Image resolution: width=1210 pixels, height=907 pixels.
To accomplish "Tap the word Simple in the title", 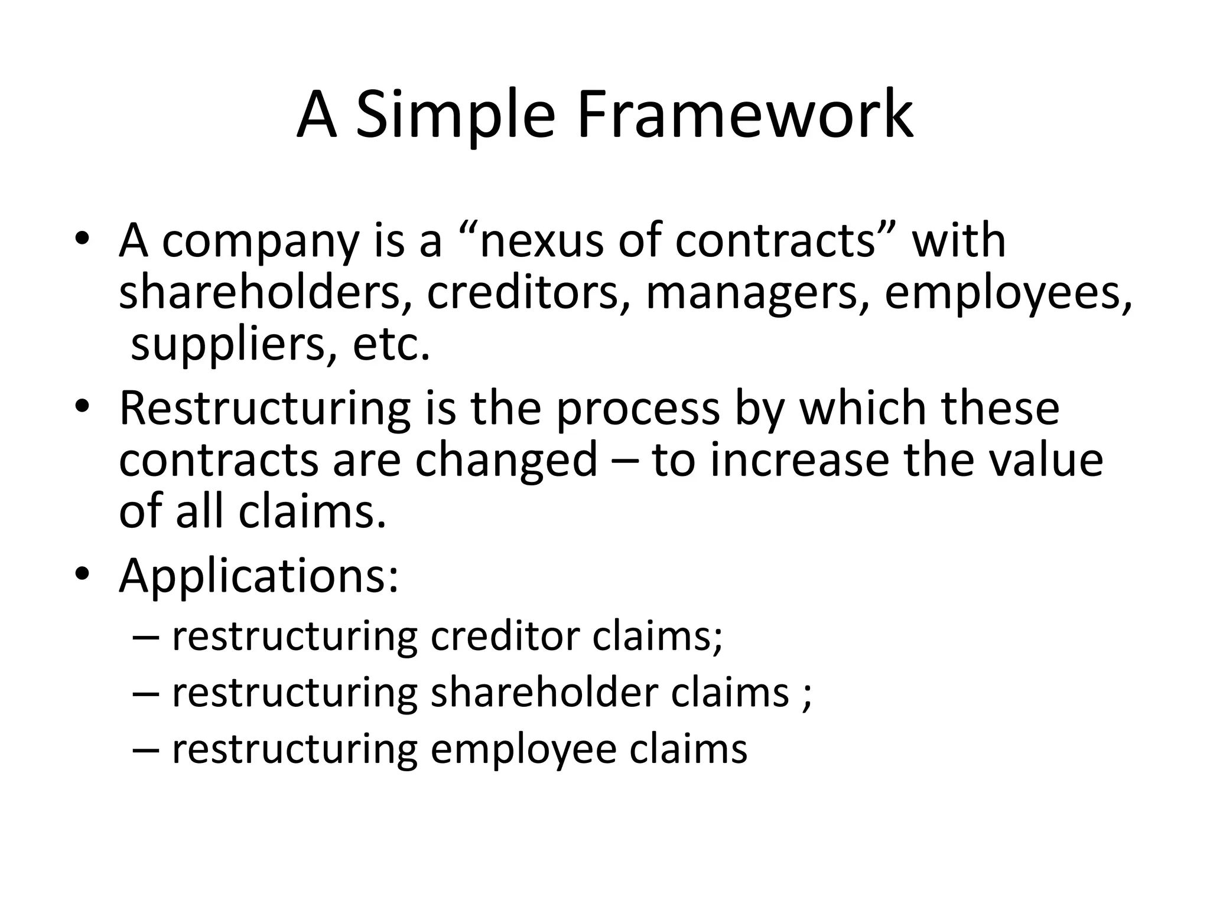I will [x=456, y=115].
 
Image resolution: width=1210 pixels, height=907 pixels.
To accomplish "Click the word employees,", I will [x=1008, y=294].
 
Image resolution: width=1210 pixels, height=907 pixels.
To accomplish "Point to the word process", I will [x=637, y=410].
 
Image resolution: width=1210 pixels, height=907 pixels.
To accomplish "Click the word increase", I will [x=799, y=460].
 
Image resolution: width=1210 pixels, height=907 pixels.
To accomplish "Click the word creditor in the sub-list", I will [x=505, y=636].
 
